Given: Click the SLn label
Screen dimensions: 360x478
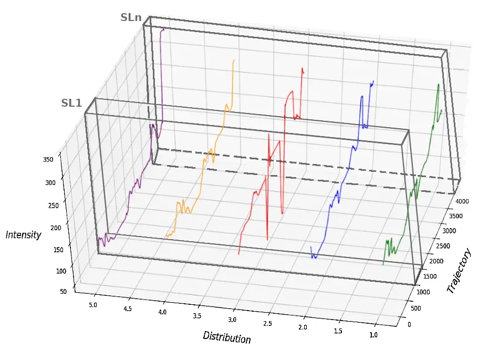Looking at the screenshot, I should (x=131, y=17).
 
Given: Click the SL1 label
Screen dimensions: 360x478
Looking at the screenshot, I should (x=71, y=103).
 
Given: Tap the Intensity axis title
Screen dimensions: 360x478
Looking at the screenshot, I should (x=23, y=235).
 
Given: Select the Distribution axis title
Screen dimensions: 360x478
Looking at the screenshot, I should (x=227, y=337).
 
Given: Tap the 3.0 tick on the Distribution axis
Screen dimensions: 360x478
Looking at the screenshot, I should (x=232, y=320).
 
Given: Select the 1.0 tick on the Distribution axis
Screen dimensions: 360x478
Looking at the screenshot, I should (x=374, y=335).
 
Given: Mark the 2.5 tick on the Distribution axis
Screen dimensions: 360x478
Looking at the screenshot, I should (x=267, y=324).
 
